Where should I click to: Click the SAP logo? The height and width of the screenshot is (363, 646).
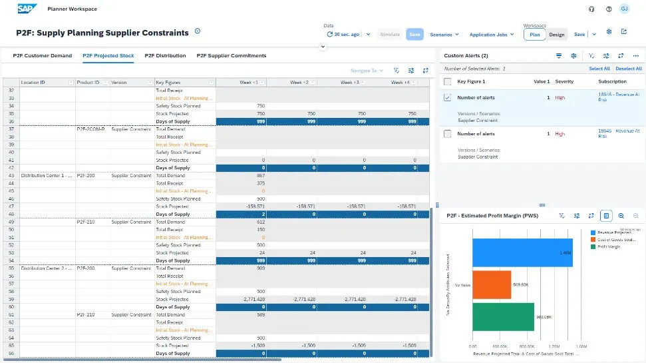(27, 9)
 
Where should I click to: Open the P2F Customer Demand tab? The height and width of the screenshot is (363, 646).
(43, 56)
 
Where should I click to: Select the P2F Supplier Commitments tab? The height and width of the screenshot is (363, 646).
(231, 56)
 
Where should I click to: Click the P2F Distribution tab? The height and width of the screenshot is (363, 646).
(165, 56)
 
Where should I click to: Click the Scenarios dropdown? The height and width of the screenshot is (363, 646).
(444, 35)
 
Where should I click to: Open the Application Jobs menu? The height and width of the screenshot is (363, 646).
(492, 35)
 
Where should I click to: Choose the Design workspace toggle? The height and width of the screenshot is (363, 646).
(556, 35)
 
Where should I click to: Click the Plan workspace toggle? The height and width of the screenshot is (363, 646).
(534, 35)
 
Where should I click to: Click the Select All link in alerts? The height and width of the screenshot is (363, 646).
(599, 69)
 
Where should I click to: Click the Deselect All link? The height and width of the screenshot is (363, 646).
(629, 69)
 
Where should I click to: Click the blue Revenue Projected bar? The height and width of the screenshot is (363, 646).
(522, 252)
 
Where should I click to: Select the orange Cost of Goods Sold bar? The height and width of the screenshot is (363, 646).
(492, 284)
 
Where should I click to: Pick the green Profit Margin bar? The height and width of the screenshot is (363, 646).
(503, 316)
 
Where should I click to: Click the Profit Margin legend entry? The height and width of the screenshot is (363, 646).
(610, 246)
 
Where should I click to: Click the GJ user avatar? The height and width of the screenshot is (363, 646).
(624, 9)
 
